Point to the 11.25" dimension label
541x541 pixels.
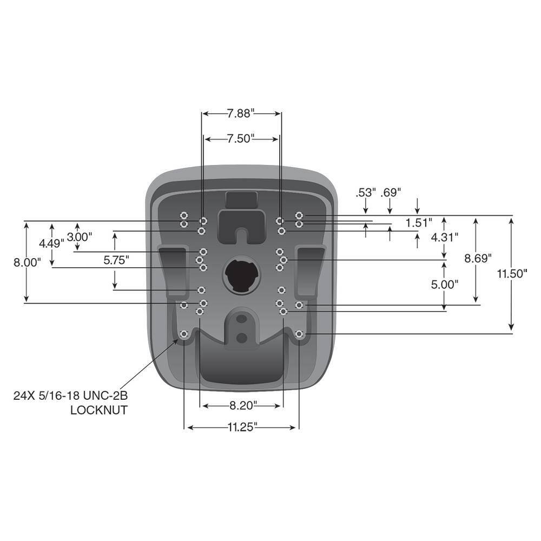coord(241,427)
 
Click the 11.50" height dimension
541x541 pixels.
coord(512,273)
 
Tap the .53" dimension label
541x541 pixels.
coord(366,192)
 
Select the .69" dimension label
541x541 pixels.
coord(390,192)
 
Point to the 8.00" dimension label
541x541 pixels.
coord(27,262)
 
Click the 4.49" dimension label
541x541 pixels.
coord(52,243)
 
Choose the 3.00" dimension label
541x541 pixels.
coord(79,236)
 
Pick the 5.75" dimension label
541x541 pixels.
coord(115,260)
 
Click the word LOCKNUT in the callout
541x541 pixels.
coord(99,410)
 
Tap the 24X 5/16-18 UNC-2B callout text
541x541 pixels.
coord(70,395)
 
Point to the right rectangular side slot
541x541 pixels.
coord(309,270)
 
